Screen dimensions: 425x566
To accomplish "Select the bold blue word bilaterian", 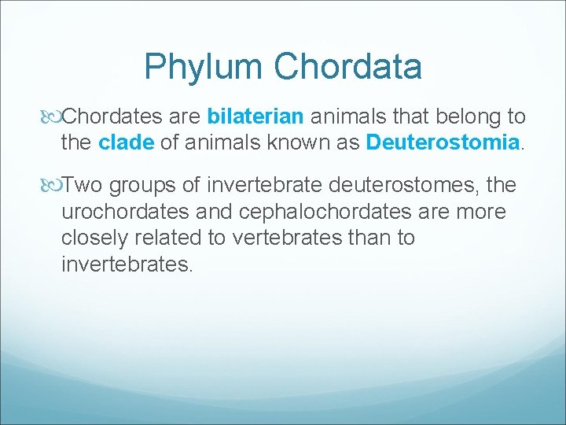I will pos(255,117).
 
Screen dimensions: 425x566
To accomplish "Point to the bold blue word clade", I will pos(127,142).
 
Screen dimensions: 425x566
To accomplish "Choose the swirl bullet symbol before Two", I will pos(52,186).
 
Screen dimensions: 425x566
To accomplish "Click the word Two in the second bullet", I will pos(83,186).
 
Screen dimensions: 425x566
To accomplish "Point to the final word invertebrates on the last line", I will pos(126,264).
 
